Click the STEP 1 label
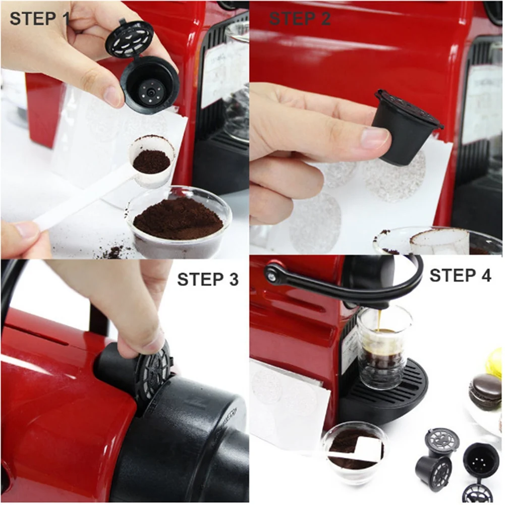[39, 18]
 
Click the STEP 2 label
[300, 18]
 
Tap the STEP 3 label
[207, 279]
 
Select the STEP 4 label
[460, 275]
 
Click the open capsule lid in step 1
[129, 38]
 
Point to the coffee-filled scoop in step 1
[151, 161]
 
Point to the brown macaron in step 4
[485, 390]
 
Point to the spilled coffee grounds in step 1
[114, 250]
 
